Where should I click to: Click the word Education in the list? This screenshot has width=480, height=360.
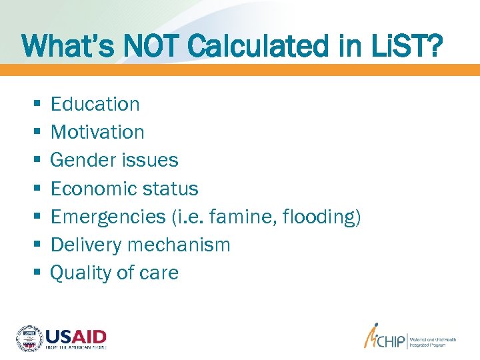(x=95, y=104)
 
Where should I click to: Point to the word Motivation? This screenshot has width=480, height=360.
(x=97, y=132)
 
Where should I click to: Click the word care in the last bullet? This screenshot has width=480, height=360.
(x=160, y=273)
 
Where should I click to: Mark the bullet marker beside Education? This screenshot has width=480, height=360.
(x=35, y=105)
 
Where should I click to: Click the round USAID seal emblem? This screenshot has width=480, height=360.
(x=29, y=339)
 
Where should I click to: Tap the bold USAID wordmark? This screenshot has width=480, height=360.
(x=76, y=336)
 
